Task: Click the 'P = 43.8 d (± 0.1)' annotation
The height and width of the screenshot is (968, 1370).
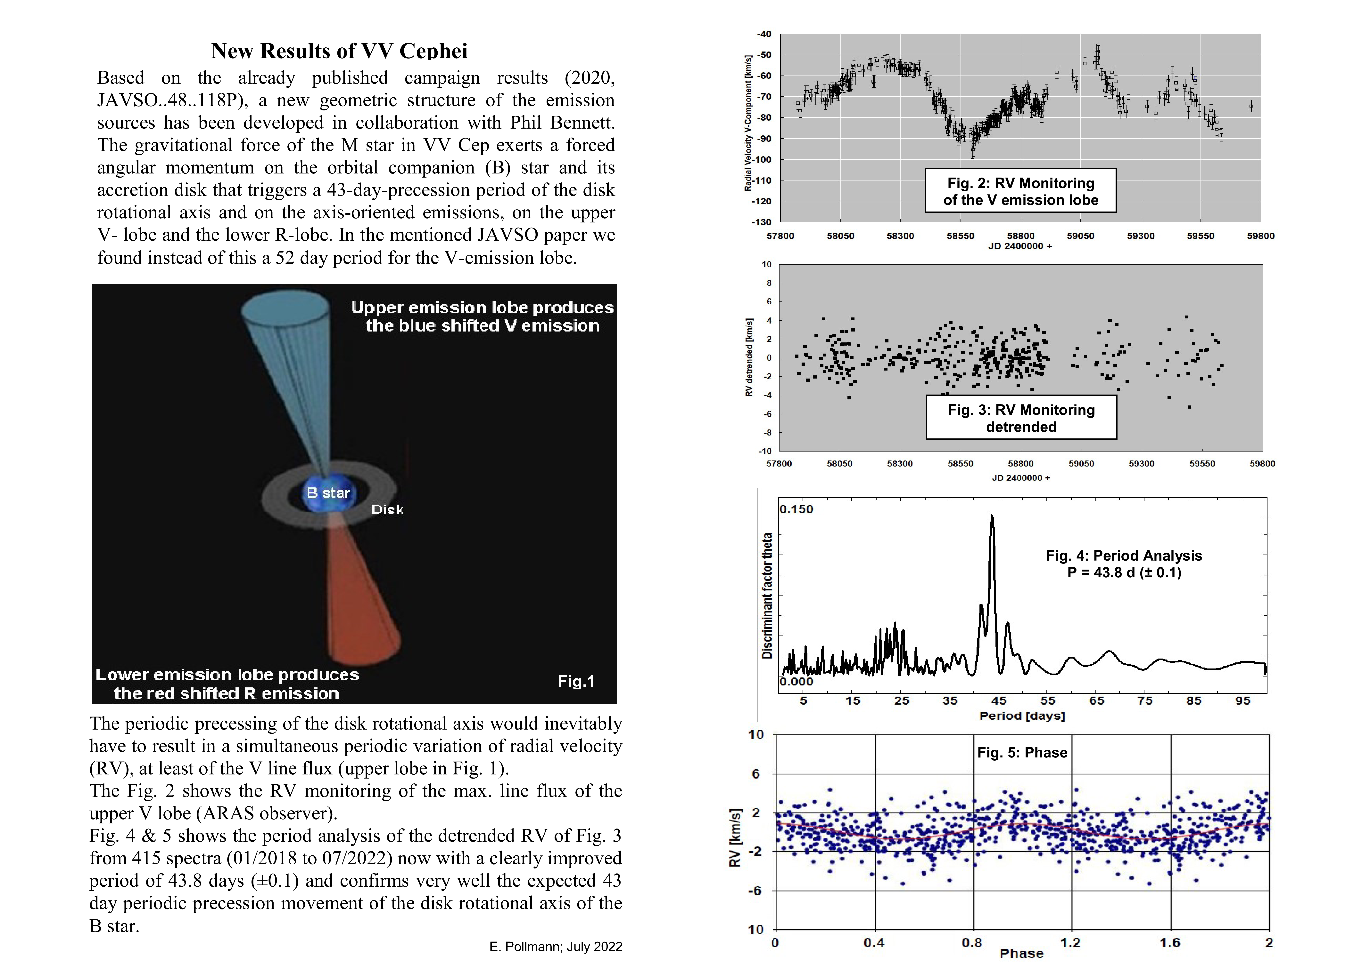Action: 1124,572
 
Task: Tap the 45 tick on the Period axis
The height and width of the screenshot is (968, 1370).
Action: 999,701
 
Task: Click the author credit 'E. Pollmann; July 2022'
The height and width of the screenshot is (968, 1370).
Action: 556,947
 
